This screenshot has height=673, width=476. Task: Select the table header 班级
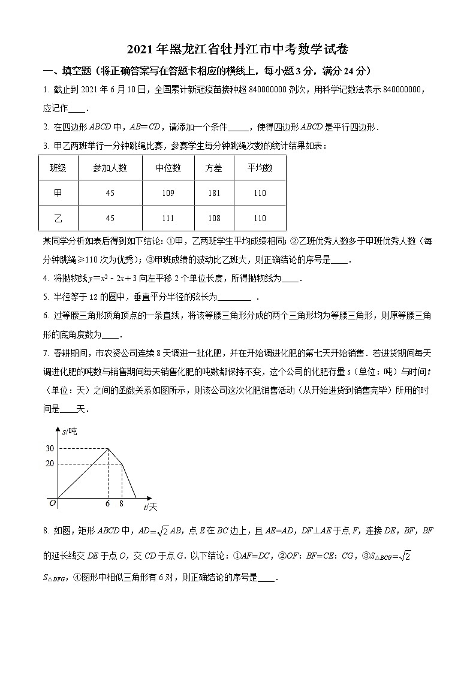click(58, 168)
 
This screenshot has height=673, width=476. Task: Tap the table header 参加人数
click(110, 168)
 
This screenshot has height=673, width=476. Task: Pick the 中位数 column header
click(168, 168)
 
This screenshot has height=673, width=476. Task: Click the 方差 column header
click(213, 168)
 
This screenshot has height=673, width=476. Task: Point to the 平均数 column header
click(260, 168)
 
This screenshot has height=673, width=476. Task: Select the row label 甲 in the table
click(58, 193)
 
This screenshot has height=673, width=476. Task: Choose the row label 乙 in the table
click(58, 218)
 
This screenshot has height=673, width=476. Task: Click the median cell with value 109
click(168, 193)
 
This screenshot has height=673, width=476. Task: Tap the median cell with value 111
click(168, 218)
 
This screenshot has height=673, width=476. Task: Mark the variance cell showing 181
click(213, 193)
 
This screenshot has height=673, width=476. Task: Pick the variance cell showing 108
click(213, 218)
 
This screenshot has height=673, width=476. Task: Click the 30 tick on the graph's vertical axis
click(49, 448)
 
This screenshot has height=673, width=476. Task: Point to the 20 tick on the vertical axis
click(49, 463)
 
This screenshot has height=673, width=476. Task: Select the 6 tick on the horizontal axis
click(107, 504)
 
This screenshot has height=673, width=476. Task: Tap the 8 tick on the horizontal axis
click(121, 504)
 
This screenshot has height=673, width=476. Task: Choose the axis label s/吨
click(70, 431)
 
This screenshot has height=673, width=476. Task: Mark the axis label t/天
click(150, 507)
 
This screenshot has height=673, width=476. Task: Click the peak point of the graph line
click(108, 448)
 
